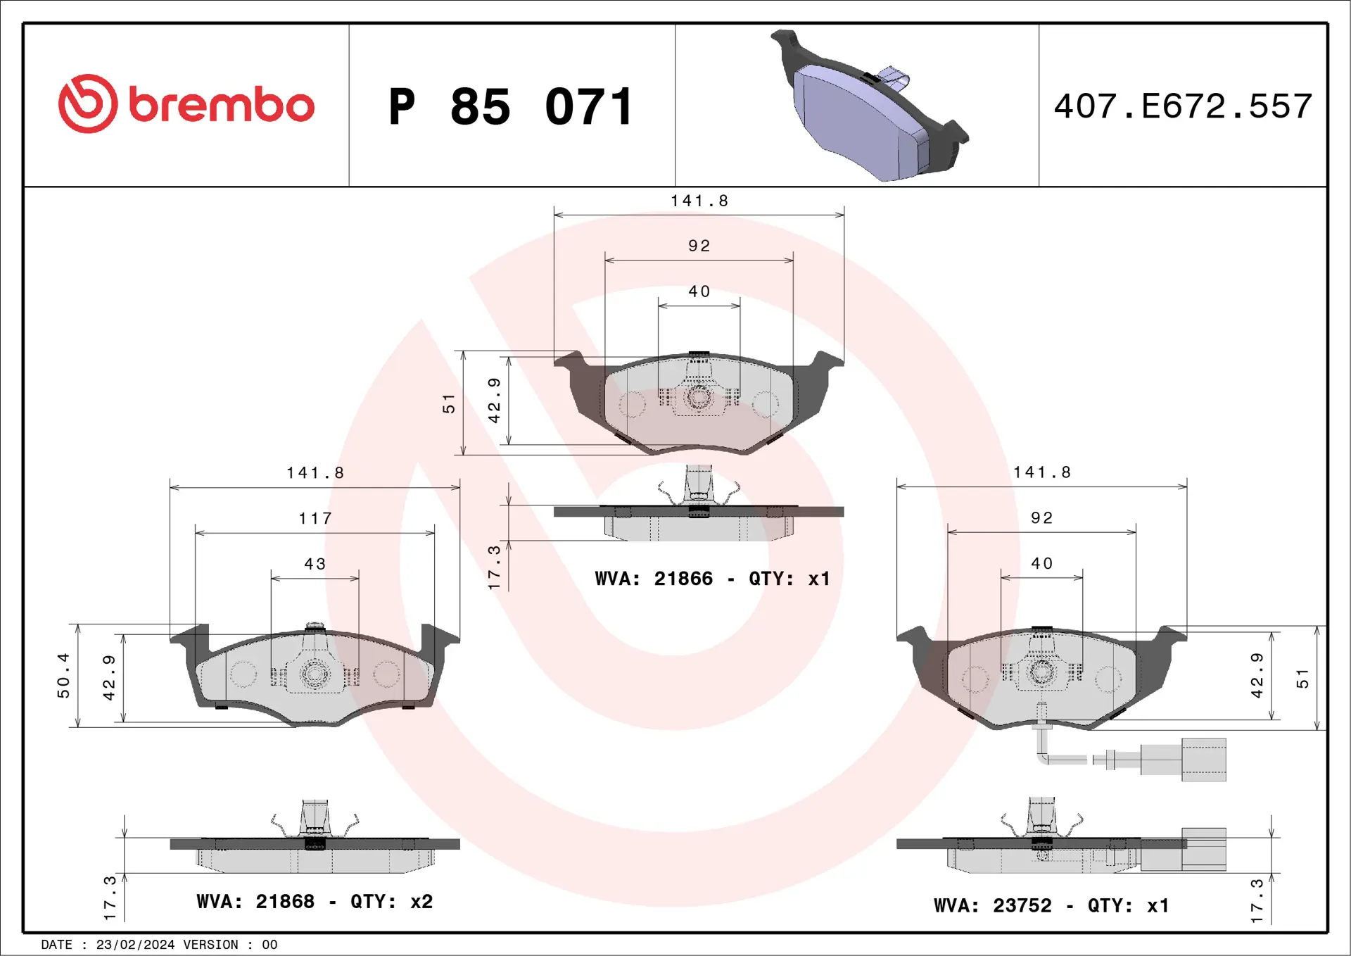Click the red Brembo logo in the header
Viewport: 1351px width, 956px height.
[186, 104]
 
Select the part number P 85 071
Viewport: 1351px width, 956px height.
[511, 107]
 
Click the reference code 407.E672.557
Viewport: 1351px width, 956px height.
[1183, 106]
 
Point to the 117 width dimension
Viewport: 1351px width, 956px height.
[315, 519]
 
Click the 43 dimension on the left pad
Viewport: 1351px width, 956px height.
[315, 564]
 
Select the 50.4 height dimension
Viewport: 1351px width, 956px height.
[63, 675]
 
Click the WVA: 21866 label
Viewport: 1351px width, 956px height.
[654, 579]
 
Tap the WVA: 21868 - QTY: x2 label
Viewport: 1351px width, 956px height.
[315, 901]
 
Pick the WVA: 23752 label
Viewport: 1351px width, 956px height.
[992, 905]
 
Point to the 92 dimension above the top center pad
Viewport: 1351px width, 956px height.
[699, 246]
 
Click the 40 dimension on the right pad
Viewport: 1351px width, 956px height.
[1041, 563]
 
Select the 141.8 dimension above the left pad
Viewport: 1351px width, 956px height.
[315, 473]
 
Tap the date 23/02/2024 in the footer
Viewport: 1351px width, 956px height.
[135, 945]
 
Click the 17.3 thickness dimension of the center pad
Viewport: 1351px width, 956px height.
[494, 567]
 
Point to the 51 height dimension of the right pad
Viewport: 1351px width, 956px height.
[1302, 679]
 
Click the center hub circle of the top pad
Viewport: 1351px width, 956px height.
[699, 397]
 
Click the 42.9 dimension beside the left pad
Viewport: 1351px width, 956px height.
[108, 678]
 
